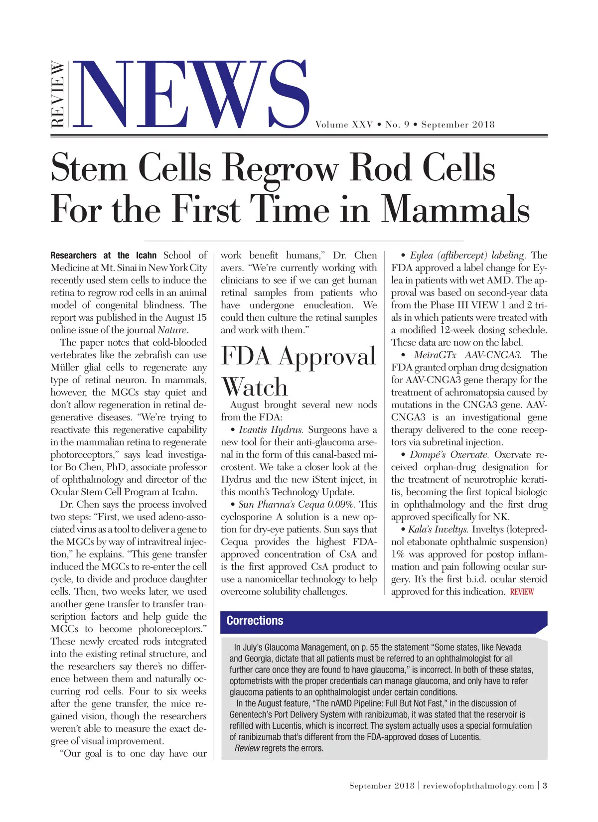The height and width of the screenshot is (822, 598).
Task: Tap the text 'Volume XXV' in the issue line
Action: pos(344,125)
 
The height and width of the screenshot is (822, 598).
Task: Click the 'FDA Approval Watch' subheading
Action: pos(298,371)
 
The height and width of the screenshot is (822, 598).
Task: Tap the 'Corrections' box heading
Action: pos(255,621)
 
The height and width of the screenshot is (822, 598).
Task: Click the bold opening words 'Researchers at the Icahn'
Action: pos(103,255)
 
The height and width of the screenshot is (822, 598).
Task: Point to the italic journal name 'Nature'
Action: pos(172,330)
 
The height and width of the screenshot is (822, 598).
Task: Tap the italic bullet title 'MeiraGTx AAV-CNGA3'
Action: pos(467,355)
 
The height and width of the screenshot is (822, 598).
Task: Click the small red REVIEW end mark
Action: pos(522,592)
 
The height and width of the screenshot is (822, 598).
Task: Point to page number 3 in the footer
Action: pos(545,786)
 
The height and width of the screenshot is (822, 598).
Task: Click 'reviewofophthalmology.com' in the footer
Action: pos(478,786)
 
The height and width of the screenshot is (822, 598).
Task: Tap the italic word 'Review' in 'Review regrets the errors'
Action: pos(247,748)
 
